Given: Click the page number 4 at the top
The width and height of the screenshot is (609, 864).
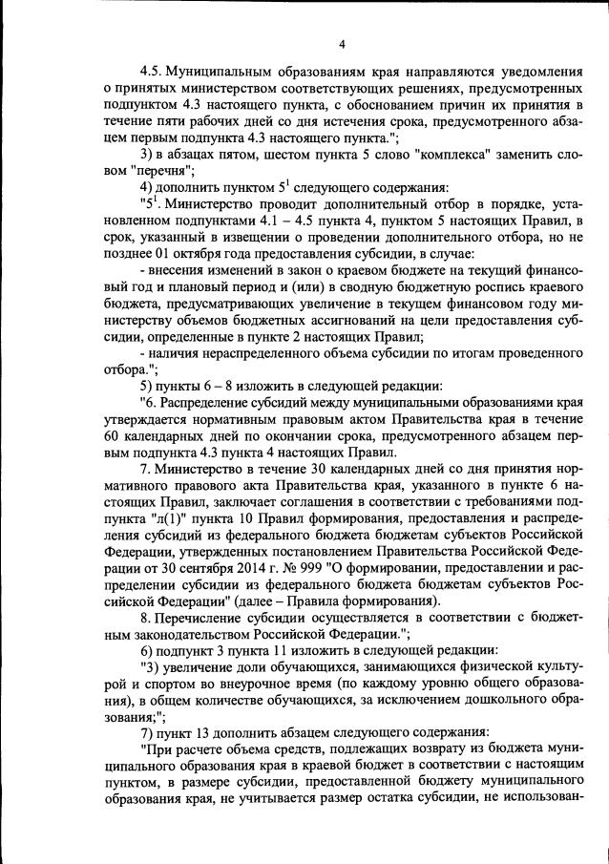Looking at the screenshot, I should (x=340, y=41).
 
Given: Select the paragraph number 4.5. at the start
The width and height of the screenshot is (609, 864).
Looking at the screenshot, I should (x=154, y=72).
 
